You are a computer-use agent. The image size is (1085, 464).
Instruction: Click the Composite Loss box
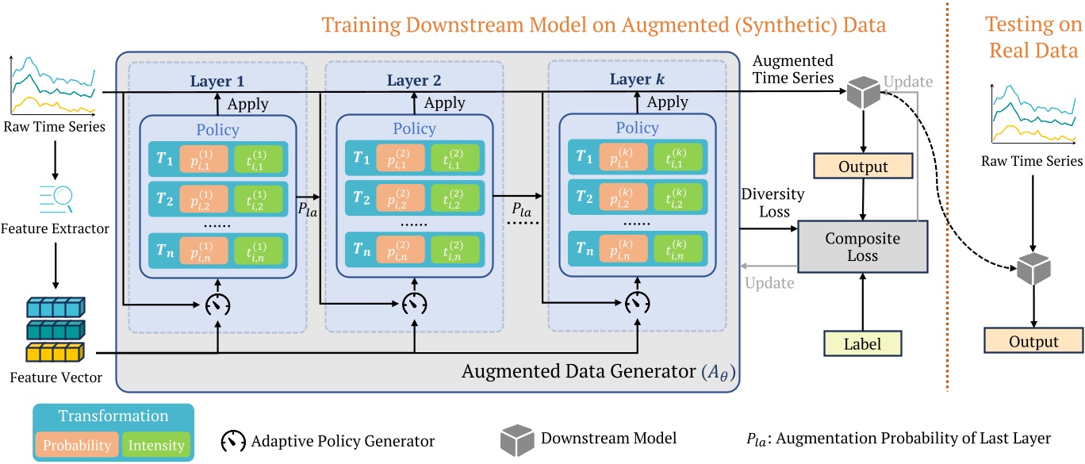(861, 247)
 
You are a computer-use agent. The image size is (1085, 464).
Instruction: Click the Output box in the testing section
(1033, 341)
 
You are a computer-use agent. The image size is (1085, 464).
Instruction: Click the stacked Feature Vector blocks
(53, 328)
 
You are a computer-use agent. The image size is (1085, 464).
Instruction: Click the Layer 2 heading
(413, 81)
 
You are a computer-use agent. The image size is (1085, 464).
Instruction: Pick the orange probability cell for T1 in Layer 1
(204, 159)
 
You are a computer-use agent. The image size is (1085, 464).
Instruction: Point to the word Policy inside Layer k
(637, 128)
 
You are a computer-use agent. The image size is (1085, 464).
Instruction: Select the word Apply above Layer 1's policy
(247, 103)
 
